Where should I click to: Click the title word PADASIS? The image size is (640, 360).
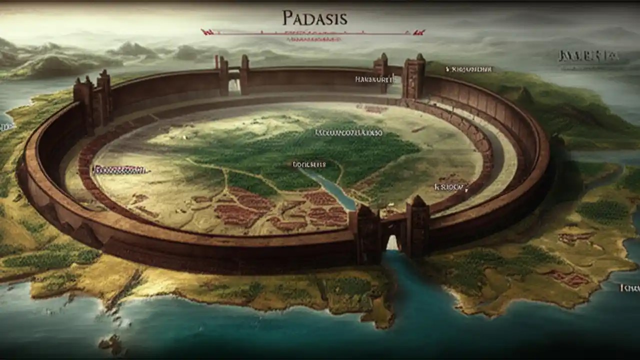314,18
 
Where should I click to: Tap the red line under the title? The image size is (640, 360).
312,33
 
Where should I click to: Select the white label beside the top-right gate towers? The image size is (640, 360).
374,79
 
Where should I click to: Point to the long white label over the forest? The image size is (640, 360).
348,133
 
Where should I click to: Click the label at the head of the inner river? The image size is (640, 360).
308,164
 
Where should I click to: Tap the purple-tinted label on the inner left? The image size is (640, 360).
120,170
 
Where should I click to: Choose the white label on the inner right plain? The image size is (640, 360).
451,187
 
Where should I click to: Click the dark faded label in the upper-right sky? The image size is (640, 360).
588,56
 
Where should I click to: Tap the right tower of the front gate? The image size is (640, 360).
418,227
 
